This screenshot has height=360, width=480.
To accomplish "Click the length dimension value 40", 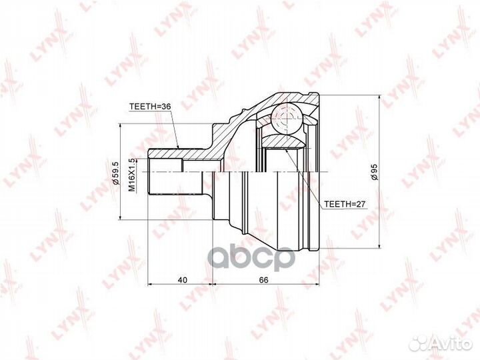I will point(181,279).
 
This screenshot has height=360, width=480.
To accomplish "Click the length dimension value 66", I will point(264,279).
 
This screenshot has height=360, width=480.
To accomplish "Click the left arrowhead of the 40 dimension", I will point(150,284).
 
